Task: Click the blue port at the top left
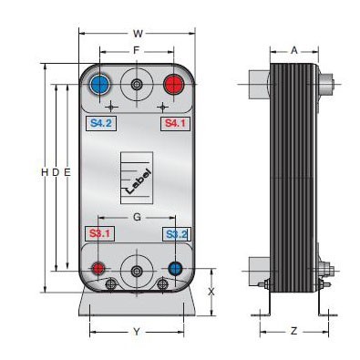pos(100,84)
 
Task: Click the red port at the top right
pos(174,84)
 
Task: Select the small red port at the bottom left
pos(98,269)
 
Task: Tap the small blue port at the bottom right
pos(176,269)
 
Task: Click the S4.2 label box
pos(101,123)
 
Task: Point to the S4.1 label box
pos(175,123)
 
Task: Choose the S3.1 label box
pos(99,234)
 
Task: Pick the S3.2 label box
pos(177,234)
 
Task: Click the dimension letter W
pos(138,34)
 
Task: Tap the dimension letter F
pos(137,50)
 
